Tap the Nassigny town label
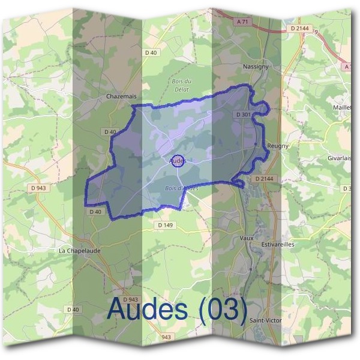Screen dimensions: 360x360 [x=255, y=67]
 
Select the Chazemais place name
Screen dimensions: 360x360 [x=118, y=95]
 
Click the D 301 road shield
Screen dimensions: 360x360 [x=243, y=114]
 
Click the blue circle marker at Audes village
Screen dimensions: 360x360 [x=178, y=161]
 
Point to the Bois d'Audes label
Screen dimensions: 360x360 [x=181, y=188]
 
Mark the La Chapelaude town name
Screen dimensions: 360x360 [x=79, y=250]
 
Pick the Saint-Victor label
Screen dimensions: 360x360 [x=265, y=320]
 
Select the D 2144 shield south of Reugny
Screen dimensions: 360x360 [x=263, y=179]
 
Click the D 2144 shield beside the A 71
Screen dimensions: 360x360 [x=299, y=28]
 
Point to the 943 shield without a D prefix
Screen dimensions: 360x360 [x=166, y=337]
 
